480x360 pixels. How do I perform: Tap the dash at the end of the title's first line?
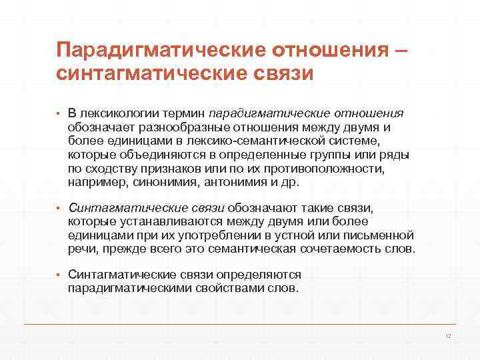point(401,51)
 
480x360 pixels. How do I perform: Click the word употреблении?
point(231,236)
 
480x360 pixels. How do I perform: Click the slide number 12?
point(448,336)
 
